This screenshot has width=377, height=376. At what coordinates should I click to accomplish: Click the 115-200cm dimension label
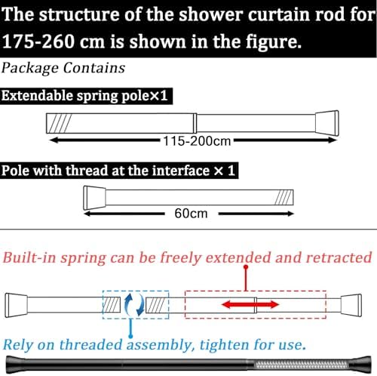coord(197,141)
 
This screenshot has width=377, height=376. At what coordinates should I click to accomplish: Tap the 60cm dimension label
coord(191,214)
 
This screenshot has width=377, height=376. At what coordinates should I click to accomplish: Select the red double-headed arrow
coord(250,305)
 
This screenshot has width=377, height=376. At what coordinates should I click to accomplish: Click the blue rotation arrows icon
coord(135,305)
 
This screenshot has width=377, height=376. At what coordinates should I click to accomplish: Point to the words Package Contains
coord(63,68)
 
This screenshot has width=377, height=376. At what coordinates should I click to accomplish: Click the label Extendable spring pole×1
coord(84,96)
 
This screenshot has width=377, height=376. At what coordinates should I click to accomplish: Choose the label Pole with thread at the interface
coord(106,171)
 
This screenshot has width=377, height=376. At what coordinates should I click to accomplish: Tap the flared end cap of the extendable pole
coord(327,123)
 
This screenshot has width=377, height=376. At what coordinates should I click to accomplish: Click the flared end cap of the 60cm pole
coord(94,198)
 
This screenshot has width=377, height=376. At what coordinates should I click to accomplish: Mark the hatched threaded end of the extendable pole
coord(60,123)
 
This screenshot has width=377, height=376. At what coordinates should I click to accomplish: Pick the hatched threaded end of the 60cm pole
coord(284,198)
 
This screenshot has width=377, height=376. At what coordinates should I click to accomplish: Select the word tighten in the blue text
coord(224,344)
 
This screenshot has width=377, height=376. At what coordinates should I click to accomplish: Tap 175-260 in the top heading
coord(38,42)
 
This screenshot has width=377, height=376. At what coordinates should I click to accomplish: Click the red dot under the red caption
coord(246,267)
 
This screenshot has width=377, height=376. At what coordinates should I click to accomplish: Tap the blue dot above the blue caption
coord(130,336)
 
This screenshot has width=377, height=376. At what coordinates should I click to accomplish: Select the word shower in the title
coord(210,14)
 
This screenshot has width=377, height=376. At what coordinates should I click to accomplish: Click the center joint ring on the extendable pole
coord(195,123)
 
